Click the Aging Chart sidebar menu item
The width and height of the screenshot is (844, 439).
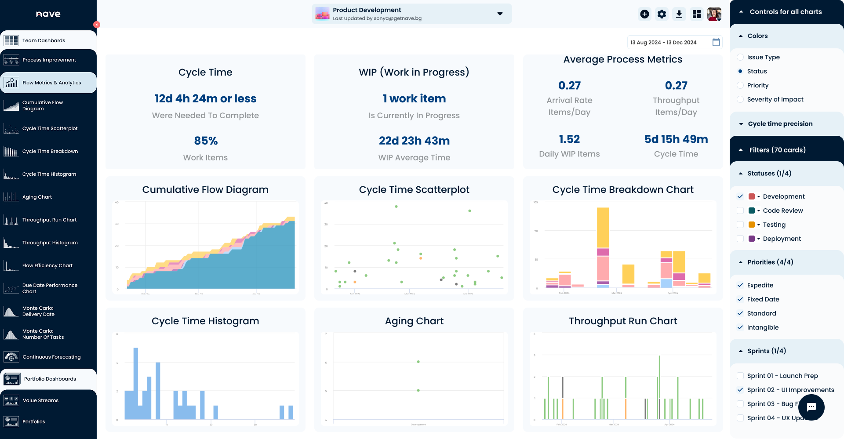(x=37, y=197)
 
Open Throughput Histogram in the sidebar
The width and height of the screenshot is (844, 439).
(x=50, y=243)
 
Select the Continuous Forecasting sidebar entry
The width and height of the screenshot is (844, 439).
(x=51, y=357)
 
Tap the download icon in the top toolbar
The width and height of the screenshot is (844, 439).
(x=679, y=14)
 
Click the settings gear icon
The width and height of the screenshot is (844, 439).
(x=662, y=14)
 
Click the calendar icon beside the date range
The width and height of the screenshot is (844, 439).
(x=716, y=42)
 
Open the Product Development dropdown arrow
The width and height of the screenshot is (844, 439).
(x=500, y=14)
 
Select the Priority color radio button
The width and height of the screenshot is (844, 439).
(x=740, y=85)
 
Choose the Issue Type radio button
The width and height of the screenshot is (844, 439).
(x=740, y=57)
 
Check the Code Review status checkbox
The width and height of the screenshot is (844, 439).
(x=740, y=210)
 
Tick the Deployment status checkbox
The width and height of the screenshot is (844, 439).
(x=740, y=239)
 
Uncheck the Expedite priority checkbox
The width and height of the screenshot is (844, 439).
(x=740, y=285)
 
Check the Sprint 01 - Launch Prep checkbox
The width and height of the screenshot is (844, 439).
(x=740, y=376)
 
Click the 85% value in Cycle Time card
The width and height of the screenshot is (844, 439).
(x=206, y=141)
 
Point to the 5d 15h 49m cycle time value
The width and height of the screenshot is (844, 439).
(x=676, y=139)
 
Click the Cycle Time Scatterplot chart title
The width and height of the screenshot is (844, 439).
(x=414, y=190)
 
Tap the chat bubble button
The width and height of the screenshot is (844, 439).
(x=811, y=407)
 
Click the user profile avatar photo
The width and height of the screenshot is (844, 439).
(x=714, y=14)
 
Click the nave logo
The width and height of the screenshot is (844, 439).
(x=48, y=14)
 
